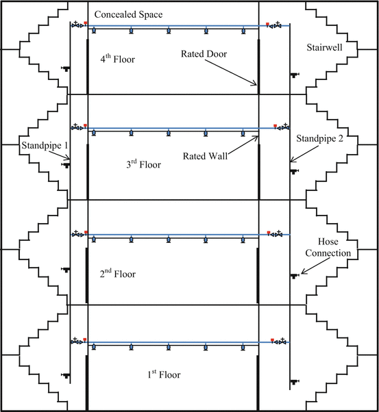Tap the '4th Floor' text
117,60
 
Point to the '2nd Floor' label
117,274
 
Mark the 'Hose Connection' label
334,247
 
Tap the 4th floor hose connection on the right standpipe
294,75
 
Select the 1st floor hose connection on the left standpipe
66,376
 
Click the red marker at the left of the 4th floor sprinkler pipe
86,25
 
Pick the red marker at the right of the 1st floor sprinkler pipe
272,340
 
